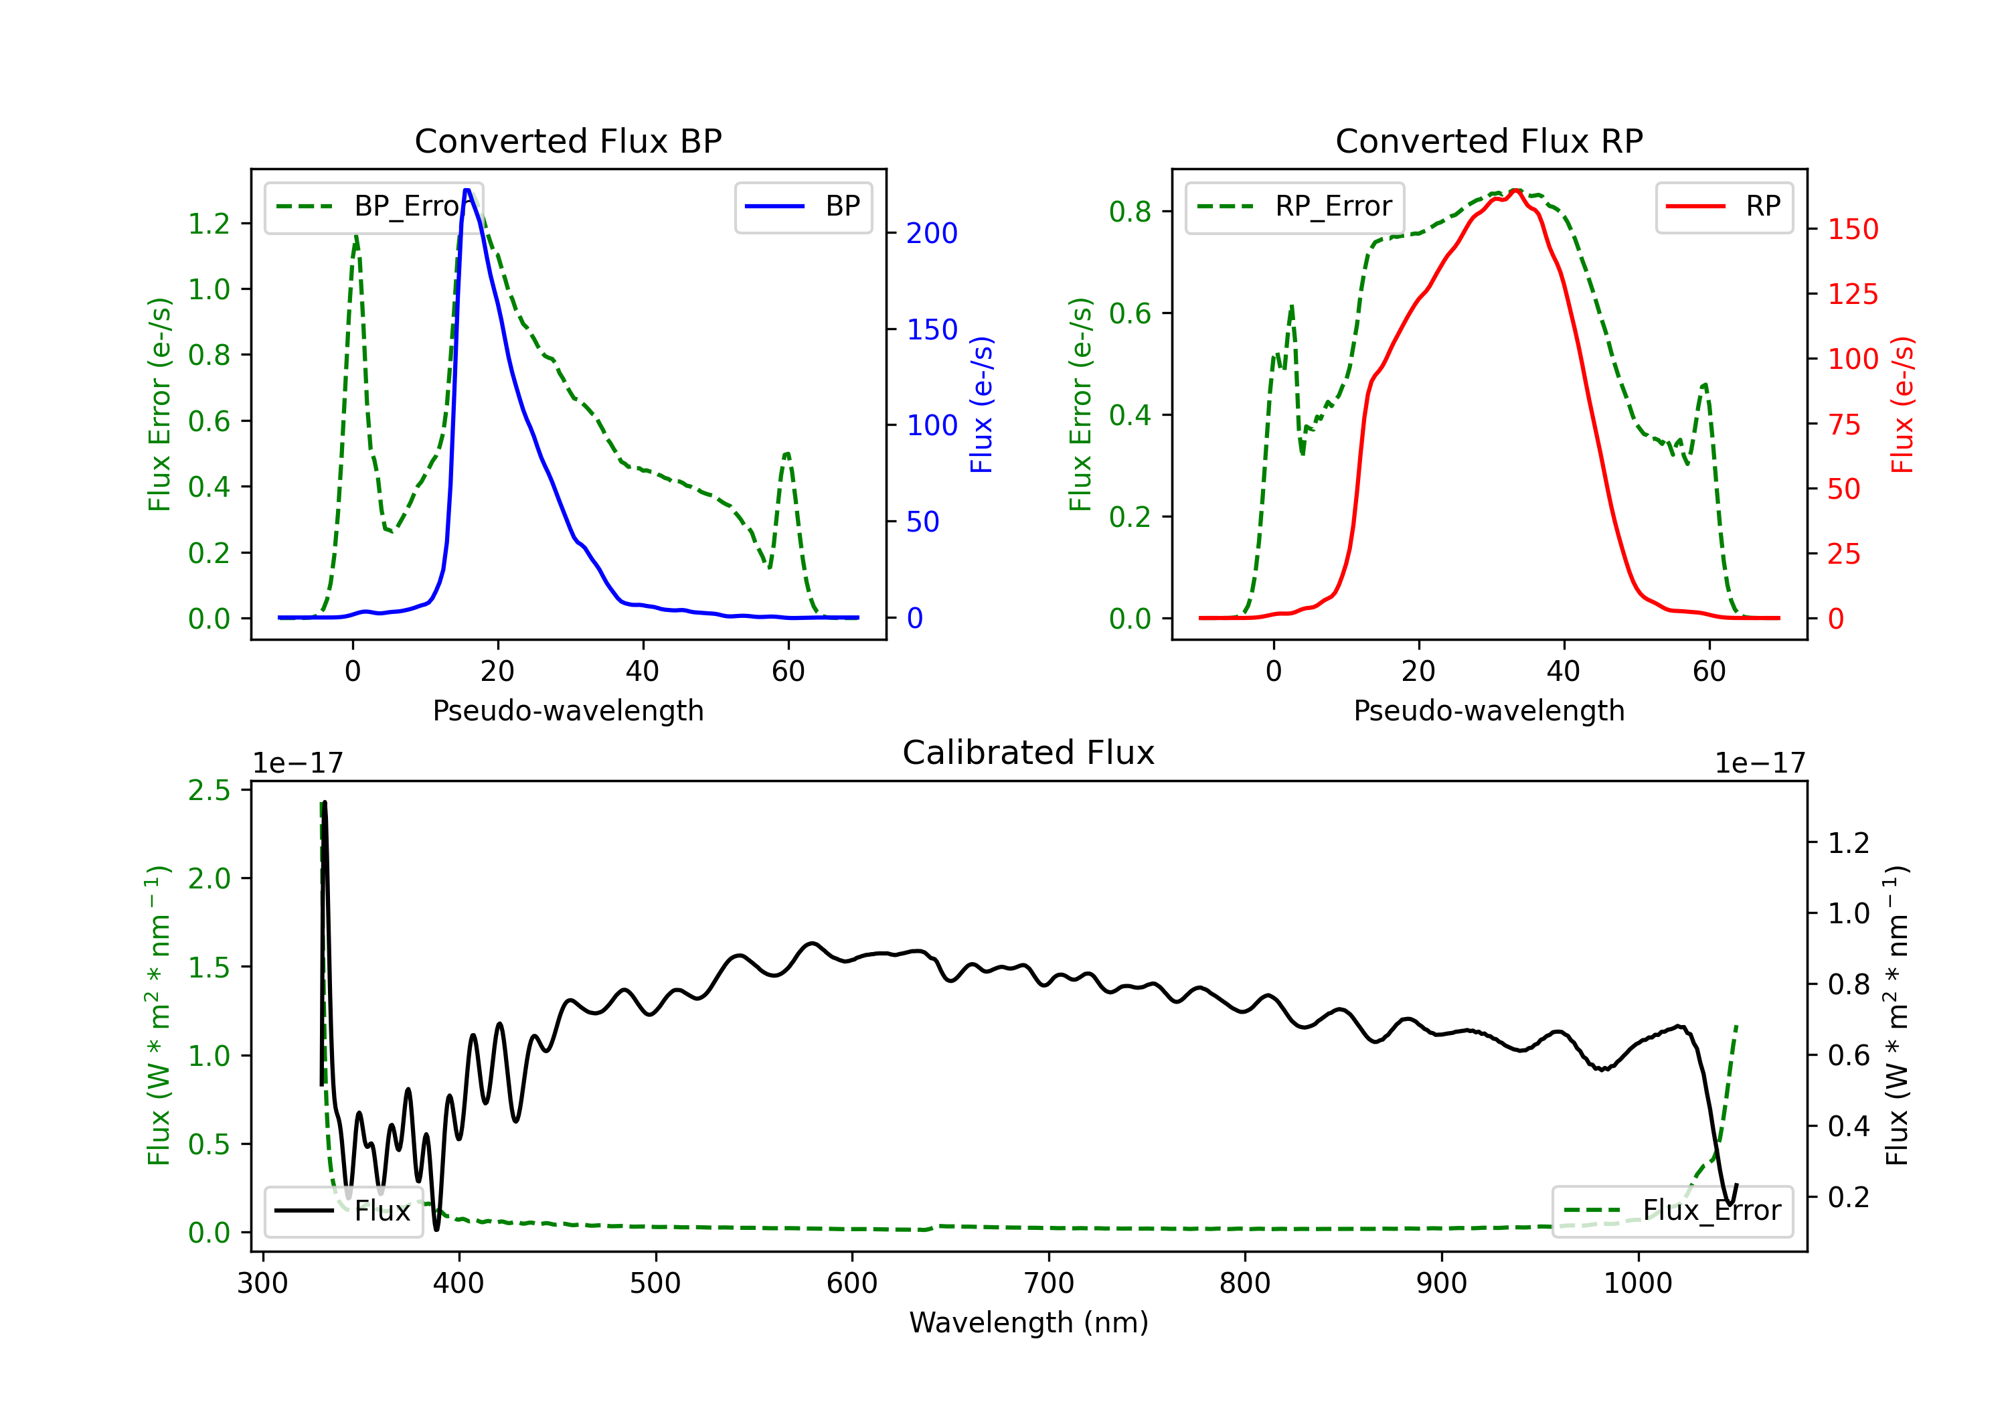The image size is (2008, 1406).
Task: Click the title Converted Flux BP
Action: pos(568,141)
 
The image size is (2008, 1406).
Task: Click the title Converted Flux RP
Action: pos(1489,141)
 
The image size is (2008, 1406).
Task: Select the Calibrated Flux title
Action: pos(1029,753)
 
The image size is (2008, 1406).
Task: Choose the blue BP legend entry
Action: pos(803,206)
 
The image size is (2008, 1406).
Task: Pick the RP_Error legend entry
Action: pos(1294,206)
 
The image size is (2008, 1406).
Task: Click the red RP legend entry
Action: pos(1724,206)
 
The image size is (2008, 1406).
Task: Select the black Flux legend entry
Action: pos(343,1211)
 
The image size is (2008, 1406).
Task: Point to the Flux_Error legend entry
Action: pos(1672,1211)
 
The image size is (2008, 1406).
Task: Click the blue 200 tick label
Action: pos(932,234)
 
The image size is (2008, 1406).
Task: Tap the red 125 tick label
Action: pos(1852,294)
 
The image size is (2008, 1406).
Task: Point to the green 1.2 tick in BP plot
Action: pos(209,224)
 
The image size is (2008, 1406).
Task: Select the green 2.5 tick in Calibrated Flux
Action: pos(209,791)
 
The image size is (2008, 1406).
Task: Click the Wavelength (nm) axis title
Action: pos(1029,1323)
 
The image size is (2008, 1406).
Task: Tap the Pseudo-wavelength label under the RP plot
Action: pos(1489,710)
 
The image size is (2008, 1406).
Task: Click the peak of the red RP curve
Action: pos(1515,190)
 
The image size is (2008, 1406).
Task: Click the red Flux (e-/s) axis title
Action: pos(1903,405)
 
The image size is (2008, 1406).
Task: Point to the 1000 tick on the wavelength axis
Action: pos(1637,1283)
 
